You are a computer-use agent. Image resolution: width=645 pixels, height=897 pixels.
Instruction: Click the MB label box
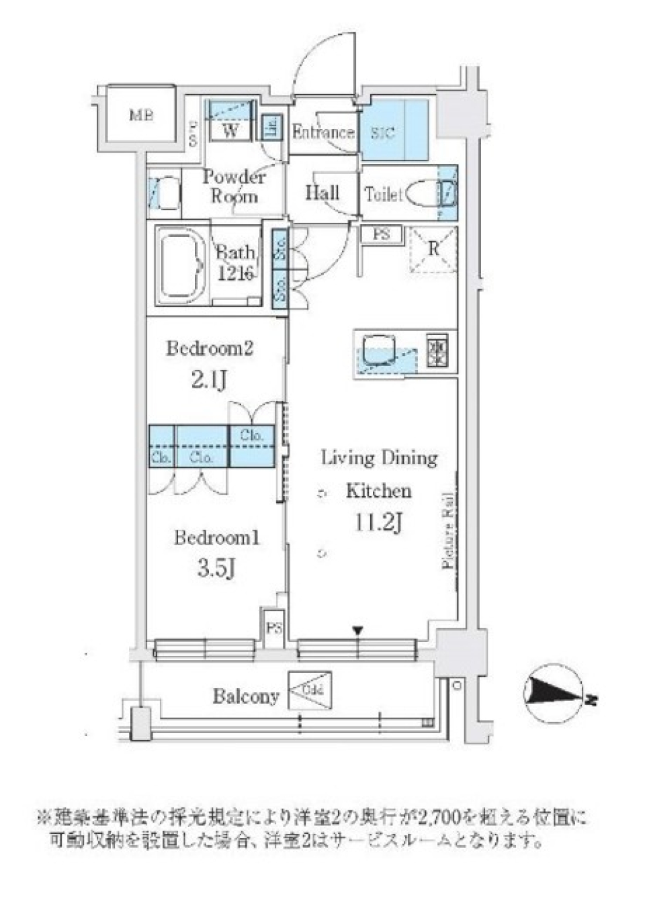(x=141, y=115)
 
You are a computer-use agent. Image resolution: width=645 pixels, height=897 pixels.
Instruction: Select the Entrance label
(x=322, y=132)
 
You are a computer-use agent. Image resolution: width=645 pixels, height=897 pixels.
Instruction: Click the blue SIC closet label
(x=383, y=132)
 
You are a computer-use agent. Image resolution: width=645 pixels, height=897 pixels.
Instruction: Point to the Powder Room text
(x=234, y=187)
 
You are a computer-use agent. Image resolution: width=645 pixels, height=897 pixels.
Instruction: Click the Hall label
(x=322, y=193)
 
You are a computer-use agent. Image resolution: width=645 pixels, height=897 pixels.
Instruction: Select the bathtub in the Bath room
(x=182, y=264)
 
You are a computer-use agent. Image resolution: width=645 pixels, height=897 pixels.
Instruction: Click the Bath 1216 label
(x=234, y=263)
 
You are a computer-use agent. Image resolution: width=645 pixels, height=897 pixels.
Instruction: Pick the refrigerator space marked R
(x=433, y=249)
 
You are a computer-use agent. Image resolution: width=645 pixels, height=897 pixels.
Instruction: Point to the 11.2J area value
(x=379, y=522)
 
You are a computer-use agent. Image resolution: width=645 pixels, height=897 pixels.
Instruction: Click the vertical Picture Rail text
(x=449, y=530)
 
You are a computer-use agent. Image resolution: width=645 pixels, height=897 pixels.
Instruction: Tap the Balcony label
(x=246, y=696)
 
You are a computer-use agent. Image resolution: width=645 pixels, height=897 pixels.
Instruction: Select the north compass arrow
(x=555, y=699)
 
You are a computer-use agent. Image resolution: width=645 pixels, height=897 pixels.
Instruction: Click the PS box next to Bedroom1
(x=273, y=628)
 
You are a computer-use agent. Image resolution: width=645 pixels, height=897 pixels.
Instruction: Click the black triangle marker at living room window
(x=358, y=630)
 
